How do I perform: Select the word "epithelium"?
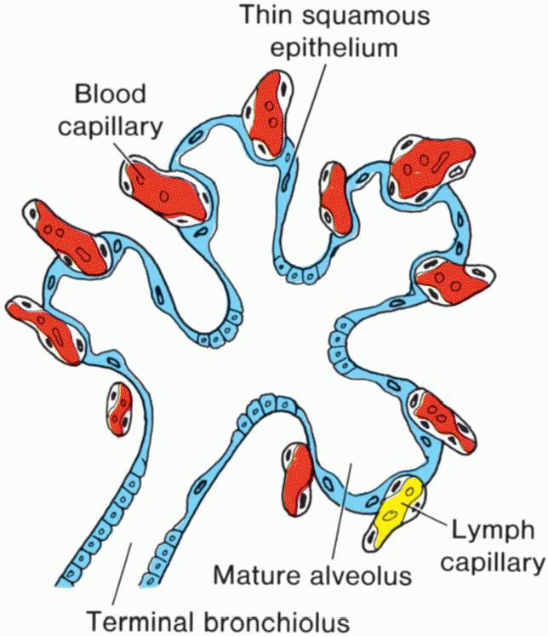click(334, 47)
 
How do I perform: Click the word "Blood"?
click(111, 94)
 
